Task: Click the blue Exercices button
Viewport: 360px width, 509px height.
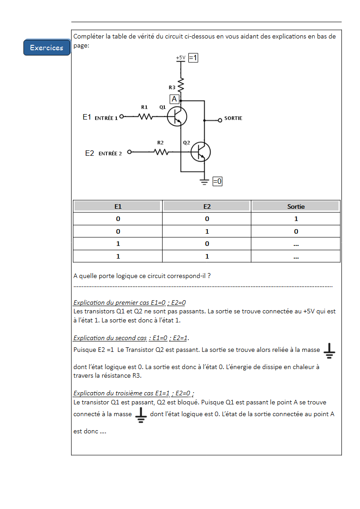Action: point(47,48)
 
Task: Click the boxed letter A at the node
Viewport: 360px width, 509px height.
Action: point(174,99)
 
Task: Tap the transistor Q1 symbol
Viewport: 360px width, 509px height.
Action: point(177,117)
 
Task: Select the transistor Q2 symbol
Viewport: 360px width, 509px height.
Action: point(200,152)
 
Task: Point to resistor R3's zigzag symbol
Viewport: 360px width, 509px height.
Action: point(181,85)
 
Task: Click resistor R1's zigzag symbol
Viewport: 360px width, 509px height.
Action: point(145,116)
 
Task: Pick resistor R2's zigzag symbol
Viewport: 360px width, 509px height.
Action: point(161,152)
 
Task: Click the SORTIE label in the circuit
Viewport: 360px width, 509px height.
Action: point(233,118)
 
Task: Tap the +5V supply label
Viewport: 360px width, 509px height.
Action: point(181,58)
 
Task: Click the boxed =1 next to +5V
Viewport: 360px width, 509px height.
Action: point(193,58)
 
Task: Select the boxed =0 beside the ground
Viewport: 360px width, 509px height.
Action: point(217,181)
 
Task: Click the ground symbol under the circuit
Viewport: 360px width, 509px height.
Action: point(205,182)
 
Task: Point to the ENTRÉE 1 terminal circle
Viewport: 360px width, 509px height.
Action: point(121,116)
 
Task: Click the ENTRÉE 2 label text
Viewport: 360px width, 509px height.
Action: point(110,154)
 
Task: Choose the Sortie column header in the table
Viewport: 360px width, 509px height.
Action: point(296,206)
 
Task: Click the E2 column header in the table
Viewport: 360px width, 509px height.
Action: point(206,206)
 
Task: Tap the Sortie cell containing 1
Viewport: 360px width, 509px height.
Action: point(296,219)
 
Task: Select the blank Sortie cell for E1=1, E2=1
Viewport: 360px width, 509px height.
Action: point(296,257)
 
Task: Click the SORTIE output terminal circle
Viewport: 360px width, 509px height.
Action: point(220,120)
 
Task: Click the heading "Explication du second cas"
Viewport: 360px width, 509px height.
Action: point(110,338)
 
